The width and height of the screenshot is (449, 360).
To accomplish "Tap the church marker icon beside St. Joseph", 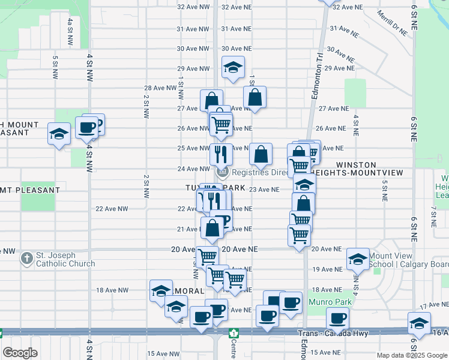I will coord(26,259).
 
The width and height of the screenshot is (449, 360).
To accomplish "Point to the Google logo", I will coord(20,353).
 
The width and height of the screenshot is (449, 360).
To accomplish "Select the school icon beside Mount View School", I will coord(358,259).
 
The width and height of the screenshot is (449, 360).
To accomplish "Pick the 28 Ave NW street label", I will coord(160,88).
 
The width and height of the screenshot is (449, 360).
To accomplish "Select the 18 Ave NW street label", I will coord(112,290).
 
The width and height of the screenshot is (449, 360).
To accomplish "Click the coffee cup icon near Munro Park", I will coord(337,317).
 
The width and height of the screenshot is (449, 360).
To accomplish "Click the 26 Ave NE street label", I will coord(331,128).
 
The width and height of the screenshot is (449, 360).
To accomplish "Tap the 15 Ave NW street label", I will coord(160,353).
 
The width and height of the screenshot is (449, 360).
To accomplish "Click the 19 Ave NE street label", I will coord(327,269).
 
